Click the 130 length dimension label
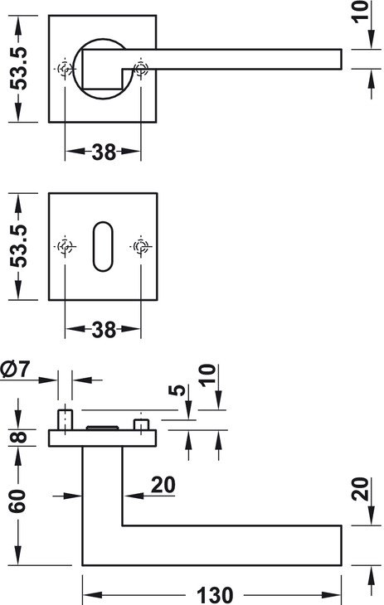pos(215,594)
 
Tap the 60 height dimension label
pos(17,501)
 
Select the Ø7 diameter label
pos(15,369)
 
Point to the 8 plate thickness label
pos(18,438)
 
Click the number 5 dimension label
pos(177,390)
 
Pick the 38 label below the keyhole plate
pos(104,330)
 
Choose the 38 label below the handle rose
pos(104,152)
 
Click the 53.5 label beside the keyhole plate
pos(18,246)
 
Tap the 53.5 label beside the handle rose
pos(18,69)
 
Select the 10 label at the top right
pos(362,12)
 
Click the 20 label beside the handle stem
pos(163,485)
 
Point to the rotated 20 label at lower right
pos(361,489)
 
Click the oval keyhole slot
pos(103,246)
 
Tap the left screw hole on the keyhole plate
pos(65,246)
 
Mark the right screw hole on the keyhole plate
pos(141,246)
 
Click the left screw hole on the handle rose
pos(65,69)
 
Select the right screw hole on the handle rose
pos(141,69)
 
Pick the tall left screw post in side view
pos(65,420)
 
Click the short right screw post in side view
pos(141,425)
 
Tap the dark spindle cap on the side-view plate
pos(102,428)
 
